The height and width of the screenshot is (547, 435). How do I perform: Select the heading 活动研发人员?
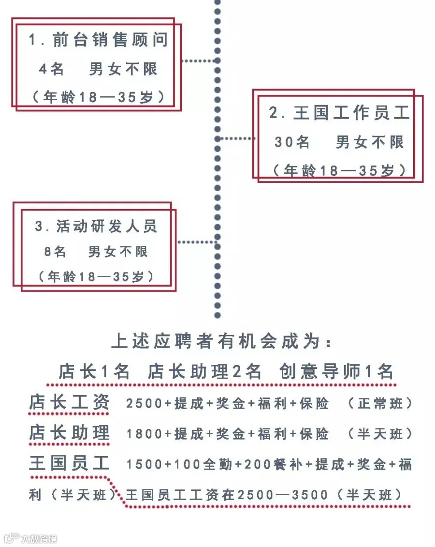(97, 226)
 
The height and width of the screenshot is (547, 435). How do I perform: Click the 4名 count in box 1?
(51, 69)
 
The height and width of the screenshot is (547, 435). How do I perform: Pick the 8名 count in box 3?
(55, 252)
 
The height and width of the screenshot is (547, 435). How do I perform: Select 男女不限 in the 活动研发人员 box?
(118, 252)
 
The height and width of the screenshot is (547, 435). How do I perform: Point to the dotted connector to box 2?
(236, 138)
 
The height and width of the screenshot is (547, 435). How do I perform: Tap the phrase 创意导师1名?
(336, 372)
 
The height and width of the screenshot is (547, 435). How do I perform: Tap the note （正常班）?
(381, 404)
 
